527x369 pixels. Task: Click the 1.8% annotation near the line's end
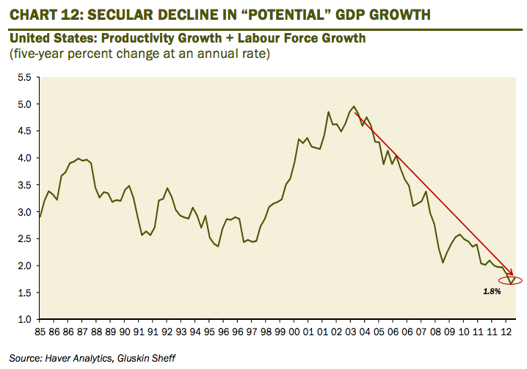(x=491, y=292)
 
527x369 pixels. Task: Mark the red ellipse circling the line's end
(x=511, y=280)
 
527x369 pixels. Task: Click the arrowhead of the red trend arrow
(x=512, y=276)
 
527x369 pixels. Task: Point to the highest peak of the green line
(x=355, y=106)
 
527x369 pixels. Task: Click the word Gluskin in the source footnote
(x=140, y=358)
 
